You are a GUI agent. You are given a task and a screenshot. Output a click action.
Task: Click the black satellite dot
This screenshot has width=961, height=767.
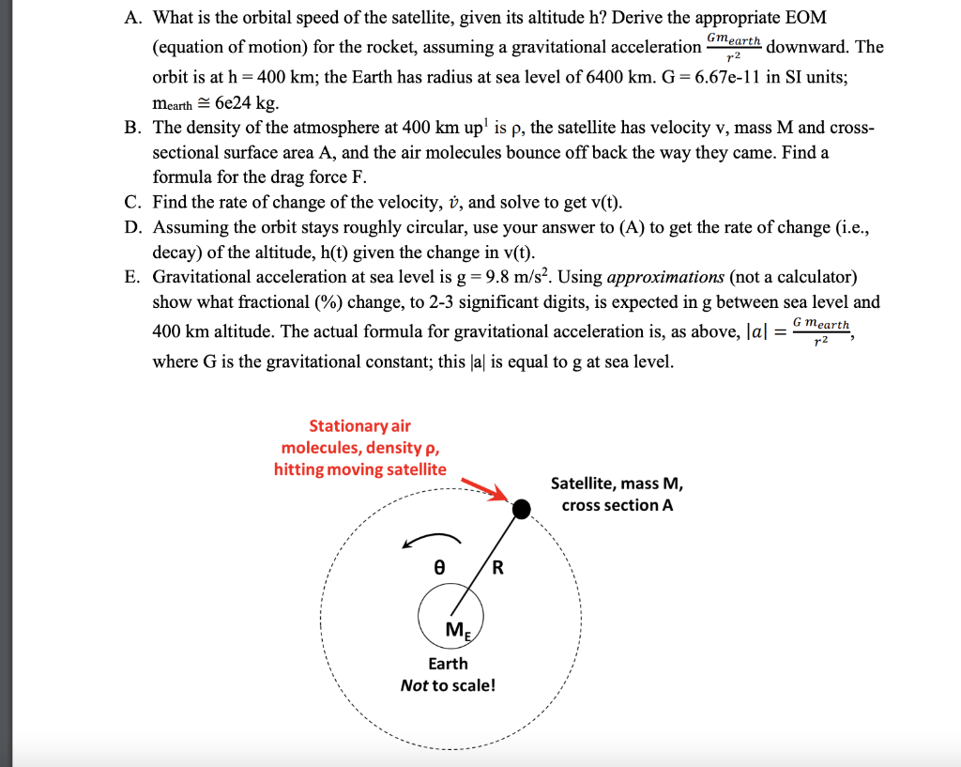click(521, 509)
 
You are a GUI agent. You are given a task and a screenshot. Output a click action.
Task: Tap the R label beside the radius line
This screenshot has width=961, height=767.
click(497, 568)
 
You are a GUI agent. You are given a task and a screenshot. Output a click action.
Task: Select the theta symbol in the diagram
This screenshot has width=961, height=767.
click(438, 568)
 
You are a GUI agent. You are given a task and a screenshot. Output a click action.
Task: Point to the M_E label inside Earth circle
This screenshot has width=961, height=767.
click(454, 630)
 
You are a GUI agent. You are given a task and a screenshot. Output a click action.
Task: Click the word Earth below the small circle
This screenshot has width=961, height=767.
click(448, 663)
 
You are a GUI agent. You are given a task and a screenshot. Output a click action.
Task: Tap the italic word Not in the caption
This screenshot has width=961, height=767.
click(414, 684)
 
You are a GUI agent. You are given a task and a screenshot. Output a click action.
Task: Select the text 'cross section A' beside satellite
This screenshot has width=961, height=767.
click(617, 505)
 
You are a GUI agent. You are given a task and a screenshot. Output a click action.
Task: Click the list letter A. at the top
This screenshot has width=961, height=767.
click(131, 18)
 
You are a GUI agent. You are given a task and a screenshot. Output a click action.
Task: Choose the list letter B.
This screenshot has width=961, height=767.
click(131, 127)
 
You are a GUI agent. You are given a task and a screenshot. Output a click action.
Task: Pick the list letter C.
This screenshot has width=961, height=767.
click(131, 202)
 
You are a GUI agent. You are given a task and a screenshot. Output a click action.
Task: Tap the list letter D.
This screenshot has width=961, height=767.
click(131, 227)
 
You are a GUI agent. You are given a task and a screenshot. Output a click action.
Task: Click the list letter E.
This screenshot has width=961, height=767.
click(131, 277)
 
